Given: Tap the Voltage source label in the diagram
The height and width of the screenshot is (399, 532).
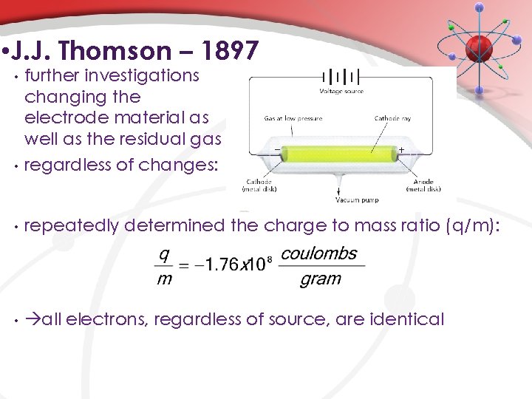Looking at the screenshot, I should coord(341,91).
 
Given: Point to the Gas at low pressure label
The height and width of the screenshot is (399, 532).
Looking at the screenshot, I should coord(290,117).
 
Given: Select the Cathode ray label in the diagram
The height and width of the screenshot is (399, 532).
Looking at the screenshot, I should coord(393,117).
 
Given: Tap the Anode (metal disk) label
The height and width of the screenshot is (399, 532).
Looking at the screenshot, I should coord(423,185).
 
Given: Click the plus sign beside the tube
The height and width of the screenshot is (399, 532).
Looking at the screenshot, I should coord(401,149).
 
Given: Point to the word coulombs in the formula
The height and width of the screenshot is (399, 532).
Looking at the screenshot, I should coord(319,253).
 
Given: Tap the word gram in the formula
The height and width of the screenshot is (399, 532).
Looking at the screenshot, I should coord(320,279).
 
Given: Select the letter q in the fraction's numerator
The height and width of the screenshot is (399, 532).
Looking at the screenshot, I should coord(164,253).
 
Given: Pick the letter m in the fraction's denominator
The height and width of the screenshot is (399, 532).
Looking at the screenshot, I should coord(164,279).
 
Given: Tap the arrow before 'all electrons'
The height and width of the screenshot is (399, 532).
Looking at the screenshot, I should coord(33,319).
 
